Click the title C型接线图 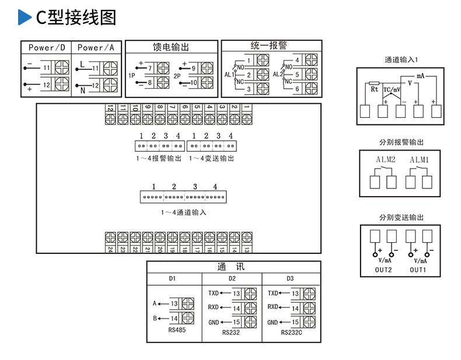[x=76, y=18]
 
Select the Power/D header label [x=47, y=47]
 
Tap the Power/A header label [x=96, y=47]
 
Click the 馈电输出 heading [x=171, y=47]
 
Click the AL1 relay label [x=229, y=75]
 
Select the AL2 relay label [x=277, y=75]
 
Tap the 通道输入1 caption [x=401, y=60]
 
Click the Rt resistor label [x=375, y=89]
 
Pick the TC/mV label [x=392, y=90]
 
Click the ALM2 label [x=386, y=159]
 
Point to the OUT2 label [x=383, y=270]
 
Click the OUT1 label [x=417, y=270]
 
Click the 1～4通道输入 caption [x=183, y=212]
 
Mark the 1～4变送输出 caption [x=211, y=158]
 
